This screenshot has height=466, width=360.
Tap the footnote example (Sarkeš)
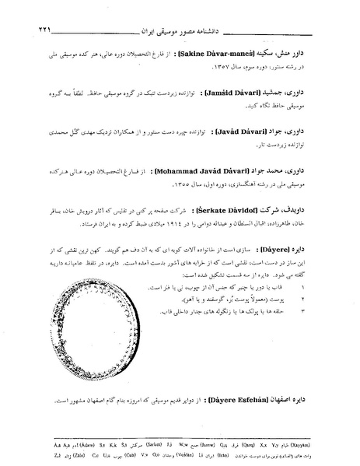point(145,439)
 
